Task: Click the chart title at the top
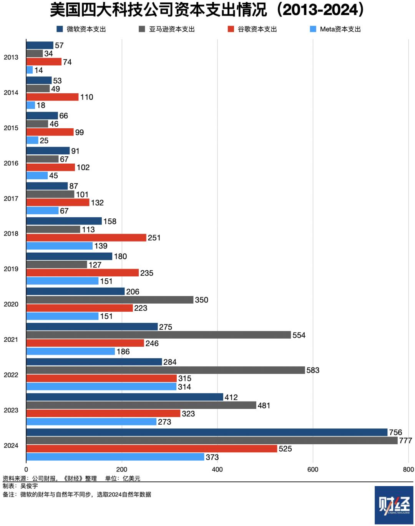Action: [x=207, y=10]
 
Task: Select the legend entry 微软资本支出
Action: [x=81, y=29]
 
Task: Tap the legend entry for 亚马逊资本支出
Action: [x=167, y=29]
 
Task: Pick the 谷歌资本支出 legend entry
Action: [x=252, y=29]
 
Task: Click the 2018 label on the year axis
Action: [x=11, y=233]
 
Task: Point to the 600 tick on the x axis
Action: [x=313, y=469]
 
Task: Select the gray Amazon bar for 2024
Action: [x=212, y=440]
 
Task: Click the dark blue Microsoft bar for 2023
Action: [x=124, y=397]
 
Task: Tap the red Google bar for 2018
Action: [x=86, y=238]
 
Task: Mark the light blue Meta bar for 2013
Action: [x=30, y=70]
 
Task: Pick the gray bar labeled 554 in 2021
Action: [x=158, y=335]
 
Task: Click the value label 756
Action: [x=395, y=432]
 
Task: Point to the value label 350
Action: [x=201, y=300]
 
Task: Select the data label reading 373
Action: [x=212, y=457]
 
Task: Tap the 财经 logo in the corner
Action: [x=394, y=505]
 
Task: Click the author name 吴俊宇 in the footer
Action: [x=29, y=486]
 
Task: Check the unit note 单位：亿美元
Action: [x=123, y=478]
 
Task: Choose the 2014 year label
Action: [x=11, y=93]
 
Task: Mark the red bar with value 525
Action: [x=152, y=448]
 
